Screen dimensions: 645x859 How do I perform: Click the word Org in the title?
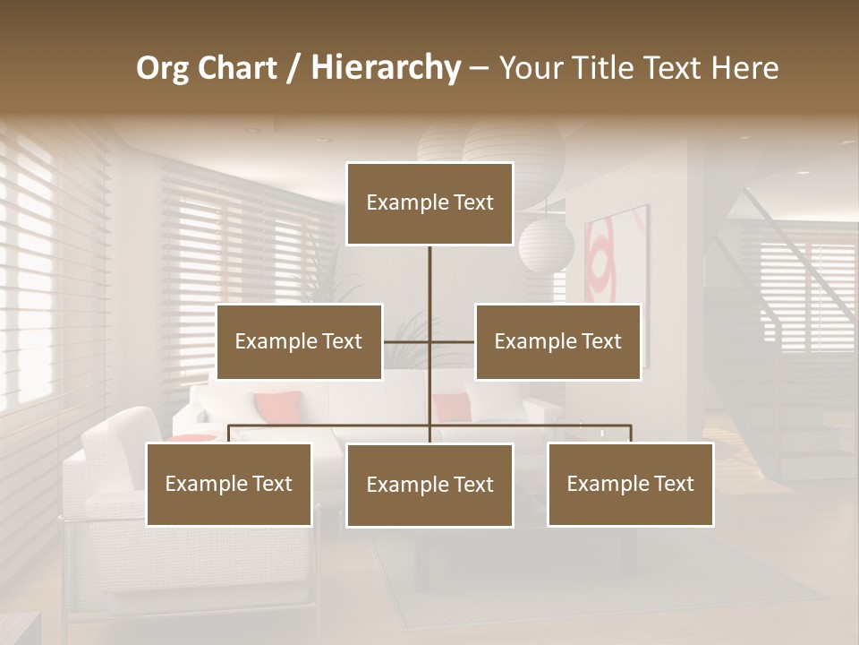(x=164, y=68)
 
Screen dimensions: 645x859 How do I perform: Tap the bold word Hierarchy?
(x=386, y=68)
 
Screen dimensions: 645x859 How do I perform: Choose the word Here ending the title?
(x=744, y=68)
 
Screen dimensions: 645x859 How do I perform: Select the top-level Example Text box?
(x=429, y=203)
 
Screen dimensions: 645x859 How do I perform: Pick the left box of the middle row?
(x=299, y=341)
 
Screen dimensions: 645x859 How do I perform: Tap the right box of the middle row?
(x=557, y=341)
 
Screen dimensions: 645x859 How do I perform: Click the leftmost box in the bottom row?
(x=228, y=484)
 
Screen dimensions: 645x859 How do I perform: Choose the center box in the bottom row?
(x=429, y=485)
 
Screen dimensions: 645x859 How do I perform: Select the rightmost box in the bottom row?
(x=630, y=484)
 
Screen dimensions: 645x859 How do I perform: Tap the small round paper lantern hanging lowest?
(x=546, y=244)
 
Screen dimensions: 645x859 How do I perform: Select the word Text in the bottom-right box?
(x=672, y=484)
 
